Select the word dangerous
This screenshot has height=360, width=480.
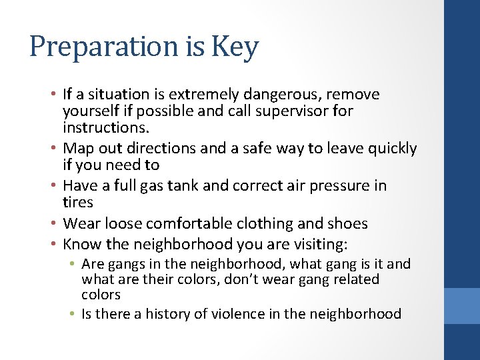coord(271,95)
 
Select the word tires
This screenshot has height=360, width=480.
coord(77,201)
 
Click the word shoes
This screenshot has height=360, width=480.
coord(349,223)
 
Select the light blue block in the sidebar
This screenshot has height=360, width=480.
coord(462,305)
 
